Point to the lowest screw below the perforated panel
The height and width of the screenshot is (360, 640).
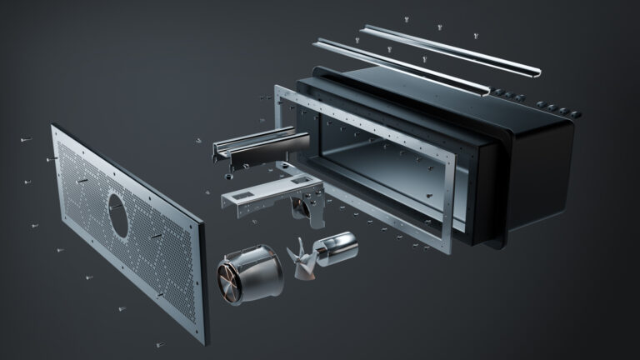(x=154, y=342)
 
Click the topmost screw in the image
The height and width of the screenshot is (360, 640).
(x=406, y=18)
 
